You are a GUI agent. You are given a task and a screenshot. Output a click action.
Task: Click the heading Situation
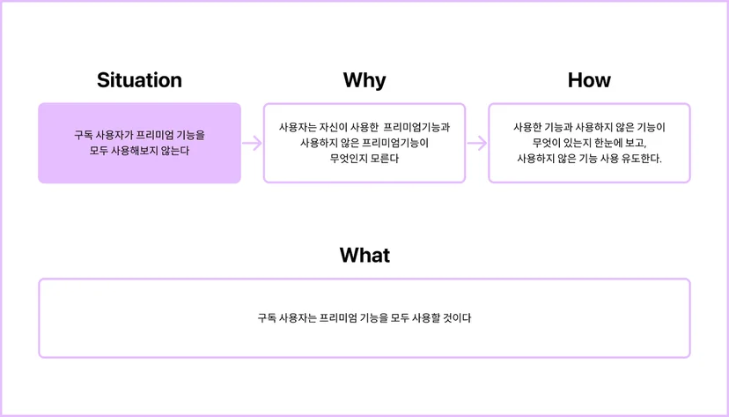point(139,80)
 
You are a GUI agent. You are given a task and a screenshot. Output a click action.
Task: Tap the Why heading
point(364,80)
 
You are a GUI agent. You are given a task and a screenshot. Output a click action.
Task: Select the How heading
point(589,80)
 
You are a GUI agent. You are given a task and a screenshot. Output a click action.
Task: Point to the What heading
point(364,255)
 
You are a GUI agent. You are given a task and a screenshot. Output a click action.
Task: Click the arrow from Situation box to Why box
point(252,144)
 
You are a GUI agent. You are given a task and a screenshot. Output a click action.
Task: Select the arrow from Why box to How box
point(477,144)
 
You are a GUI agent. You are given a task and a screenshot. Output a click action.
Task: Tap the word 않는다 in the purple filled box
point(175,151)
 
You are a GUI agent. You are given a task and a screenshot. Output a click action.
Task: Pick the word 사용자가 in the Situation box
point(114,135)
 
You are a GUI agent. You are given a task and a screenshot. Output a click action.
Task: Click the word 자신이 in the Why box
point(334,128)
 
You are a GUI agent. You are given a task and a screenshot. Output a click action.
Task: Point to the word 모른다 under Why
point(385,159)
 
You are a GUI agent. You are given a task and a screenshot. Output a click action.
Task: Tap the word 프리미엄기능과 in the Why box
point(416,128)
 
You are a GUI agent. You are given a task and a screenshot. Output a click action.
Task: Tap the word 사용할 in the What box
point(425,318)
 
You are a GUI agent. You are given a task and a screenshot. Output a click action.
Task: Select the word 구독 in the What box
point(267,318)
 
